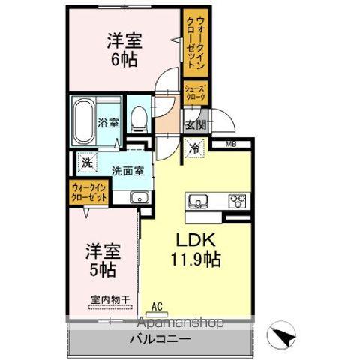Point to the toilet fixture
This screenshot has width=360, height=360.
tap(137, 118)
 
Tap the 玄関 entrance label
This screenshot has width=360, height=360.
tap(196, 124)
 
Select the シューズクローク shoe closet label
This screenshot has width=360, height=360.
tap(196, 92)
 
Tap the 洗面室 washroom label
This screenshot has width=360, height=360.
tap(127, 169)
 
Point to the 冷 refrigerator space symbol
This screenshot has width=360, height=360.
tap(194, 148)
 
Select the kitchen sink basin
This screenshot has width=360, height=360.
tap(199, 200)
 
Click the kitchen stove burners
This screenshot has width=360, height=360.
tap(238, 200)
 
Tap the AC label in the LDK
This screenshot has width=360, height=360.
tap(157, 305)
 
